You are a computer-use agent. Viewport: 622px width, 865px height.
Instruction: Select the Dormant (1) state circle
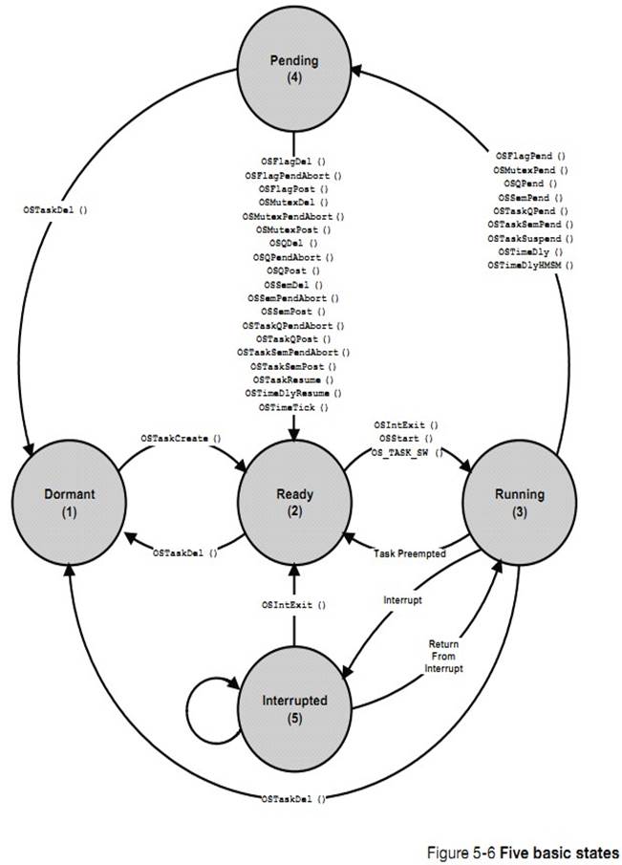pyautogui.click(x=70, y=502)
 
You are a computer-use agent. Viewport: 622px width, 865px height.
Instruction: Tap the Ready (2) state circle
pyautogui.click(x=295, y=502)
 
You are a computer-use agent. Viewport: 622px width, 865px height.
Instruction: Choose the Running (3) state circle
pyautogui.click(x=519, y=502)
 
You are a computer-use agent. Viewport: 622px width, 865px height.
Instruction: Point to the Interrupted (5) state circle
pyautogui.click(x=294, y=707)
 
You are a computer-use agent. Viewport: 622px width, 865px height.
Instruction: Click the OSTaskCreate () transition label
pyautogui.click(x=181, y=438)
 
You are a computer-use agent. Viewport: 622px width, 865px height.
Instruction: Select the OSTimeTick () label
pyautogui.click(x=293, y=408)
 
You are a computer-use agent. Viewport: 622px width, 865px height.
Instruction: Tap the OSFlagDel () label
pyautogui.click(x=293, y=162)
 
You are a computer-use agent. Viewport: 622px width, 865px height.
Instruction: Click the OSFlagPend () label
pyautogui.click(x=530, y=155)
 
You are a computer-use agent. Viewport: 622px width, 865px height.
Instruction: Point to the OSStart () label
pyautogui.click(x=406, y=439)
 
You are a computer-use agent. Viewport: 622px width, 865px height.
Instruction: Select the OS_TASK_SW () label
pyautogui.click(x=407, y=452)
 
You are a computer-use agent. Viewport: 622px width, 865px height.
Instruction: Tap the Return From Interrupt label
pyautogui.click(x=443, y=657)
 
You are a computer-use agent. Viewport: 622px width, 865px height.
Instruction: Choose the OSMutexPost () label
pyautogui.click(x=293, y=230)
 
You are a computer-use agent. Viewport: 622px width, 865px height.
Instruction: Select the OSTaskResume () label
pyautogui.click(x=293, y=380)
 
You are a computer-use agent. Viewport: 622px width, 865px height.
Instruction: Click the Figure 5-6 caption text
pyautogui.click(x=521, y=851)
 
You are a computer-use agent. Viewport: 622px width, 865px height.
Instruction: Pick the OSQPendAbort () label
pyautogui.click(x=293, y=257)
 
